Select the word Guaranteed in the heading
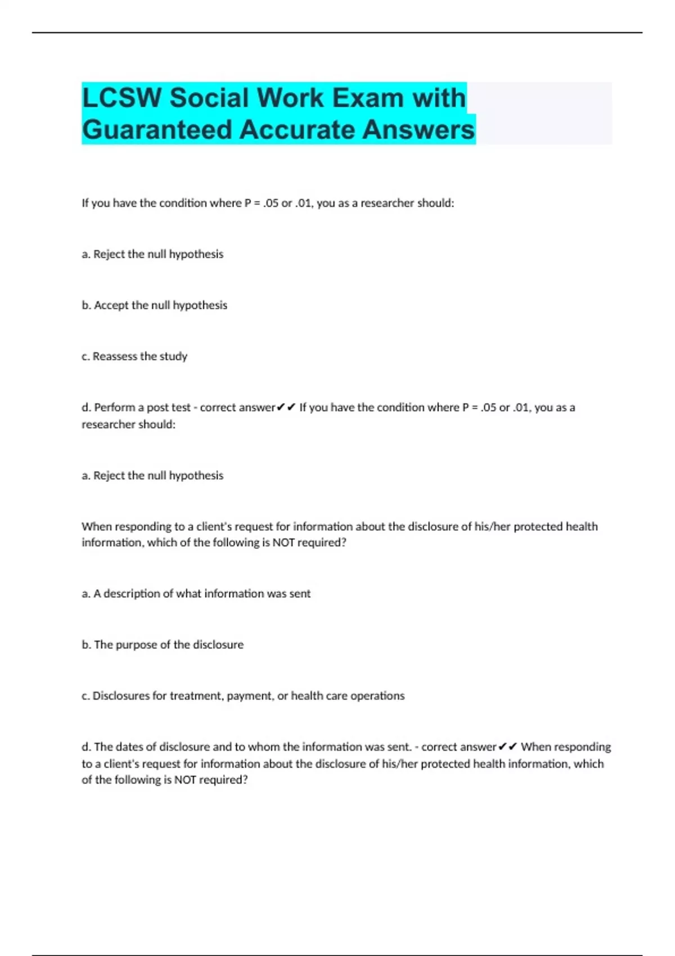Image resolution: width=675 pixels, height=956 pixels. [157, 130]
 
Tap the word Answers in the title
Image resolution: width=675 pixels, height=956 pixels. [418, 130]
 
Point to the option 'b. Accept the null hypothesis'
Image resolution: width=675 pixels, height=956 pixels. [154, 305]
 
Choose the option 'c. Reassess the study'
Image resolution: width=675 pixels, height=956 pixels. [134, 357]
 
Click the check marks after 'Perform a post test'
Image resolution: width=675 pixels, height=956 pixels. [286, 408]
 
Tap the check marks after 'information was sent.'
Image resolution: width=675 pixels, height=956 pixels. [507, 747]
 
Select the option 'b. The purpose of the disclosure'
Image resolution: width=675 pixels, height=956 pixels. [163, 645]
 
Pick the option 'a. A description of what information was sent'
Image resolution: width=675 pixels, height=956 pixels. [196, 594]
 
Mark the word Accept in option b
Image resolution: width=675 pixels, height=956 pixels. [111, 305]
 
